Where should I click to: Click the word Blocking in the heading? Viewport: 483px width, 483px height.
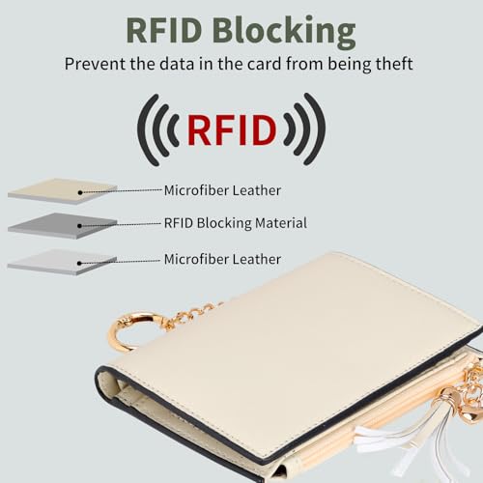point(284,31)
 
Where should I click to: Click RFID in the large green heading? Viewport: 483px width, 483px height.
point(164,30)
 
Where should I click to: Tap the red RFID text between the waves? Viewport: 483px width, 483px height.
point(232,129)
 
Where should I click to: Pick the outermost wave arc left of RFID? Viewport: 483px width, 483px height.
point(147,129)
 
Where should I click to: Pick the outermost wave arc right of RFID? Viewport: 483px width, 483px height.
point(316,129)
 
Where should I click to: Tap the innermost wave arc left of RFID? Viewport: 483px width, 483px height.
point(174,130)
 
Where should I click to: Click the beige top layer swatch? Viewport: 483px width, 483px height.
point(62,191)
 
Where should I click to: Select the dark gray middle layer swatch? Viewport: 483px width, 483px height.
point(62,226)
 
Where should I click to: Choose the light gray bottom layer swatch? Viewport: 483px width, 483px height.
point(62,262)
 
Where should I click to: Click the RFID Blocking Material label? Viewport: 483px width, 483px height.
point(236,223)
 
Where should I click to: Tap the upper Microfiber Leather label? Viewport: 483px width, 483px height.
point(222,190)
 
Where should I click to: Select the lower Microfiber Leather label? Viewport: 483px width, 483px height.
point(222,259)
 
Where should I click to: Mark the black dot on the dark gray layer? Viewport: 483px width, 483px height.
point(80,226)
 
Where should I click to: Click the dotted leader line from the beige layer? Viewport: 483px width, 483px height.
point(121,191)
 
